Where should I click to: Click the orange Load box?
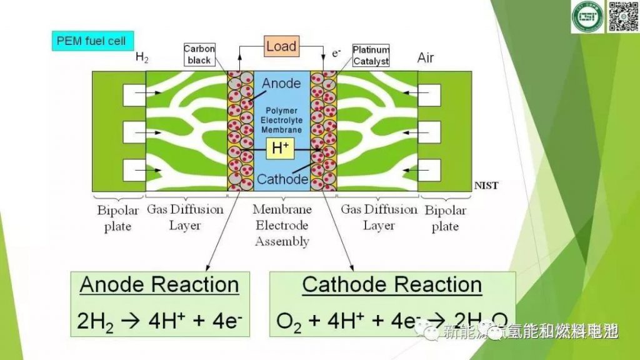click(281, 47)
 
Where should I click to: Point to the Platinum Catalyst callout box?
click(371, 55)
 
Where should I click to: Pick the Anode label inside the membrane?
click(281, 83)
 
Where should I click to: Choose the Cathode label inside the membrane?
click(282, 179)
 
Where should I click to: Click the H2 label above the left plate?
click(142, 57)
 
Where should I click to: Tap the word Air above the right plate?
click(426, 59)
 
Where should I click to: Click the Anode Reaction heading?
click(159, 285)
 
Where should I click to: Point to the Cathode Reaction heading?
click(392, 285)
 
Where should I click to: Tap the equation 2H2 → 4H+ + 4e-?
click(159, 320)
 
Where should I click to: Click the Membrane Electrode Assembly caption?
click(282, 225)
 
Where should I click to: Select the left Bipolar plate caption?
click(117, 217)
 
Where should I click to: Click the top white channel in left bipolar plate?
click(134, 95)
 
